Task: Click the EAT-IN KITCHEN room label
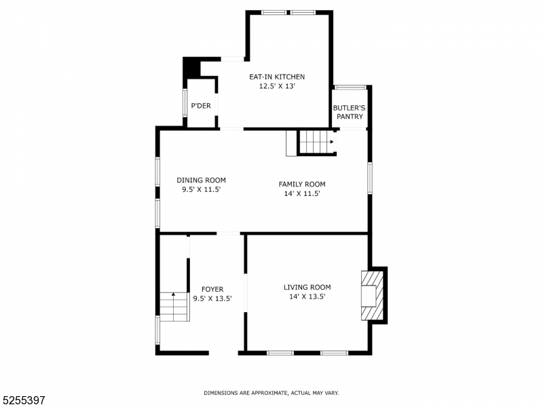click(277, 77)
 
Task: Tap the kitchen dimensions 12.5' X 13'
click(277, 86)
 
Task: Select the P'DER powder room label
click(201, 106)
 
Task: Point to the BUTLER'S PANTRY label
click(349, 112)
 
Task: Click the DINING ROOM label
click(201, 180)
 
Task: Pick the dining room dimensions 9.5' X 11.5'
click(202, 190)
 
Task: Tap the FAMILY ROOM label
click(302, 184)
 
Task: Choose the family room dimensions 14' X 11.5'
click(302, 194)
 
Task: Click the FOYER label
click(212, 289)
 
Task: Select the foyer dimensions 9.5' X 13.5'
click(212, 298)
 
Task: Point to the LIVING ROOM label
click(307, 287)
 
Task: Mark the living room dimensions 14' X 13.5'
click(307, 296)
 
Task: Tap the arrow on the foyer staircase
click(174, 294)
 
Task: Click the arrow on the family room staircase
click(332, 142)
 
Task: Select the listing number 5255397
click(23, 400)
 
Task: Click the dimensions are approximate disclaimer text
click(271, 393)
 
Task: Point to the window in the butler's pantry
click(350, 88)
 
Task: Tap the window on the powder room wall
click(185, 102)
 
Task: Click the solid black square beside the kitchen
click(191, 67)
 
